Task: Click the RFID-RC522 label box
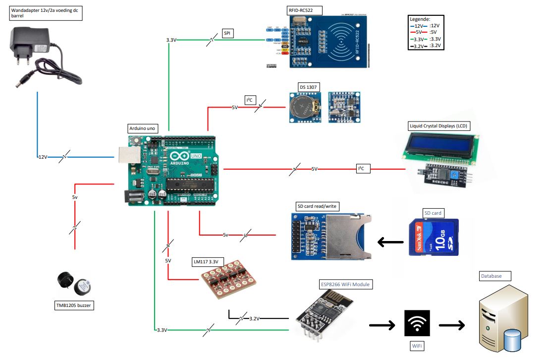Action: coord(304,10)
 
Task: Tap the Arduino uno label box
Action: coord(142,128)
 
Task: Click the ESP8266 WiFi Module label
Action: coord(346,285)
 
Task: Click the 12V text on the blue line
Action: coord(43,157)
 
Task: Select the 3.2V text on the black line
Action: coord(254,318)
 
